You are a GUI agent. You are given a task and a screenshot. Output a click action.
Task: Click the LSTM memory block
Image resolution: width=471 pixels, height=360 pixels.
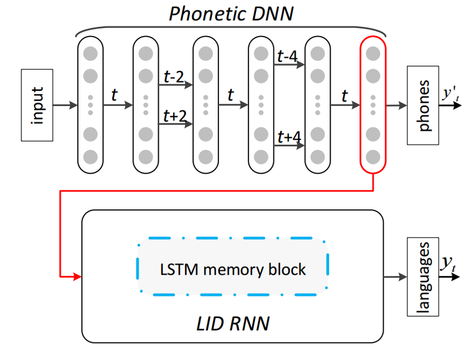click(x=233, y=268)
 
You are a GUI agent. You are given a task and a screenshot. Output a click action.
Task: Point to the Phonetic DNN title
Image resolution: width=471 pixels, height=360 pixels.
click(x=230, y=14)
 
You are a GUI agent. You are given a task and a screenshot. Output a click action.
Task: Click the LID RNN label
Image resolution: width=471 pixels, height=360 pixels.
click(x=233, y=323)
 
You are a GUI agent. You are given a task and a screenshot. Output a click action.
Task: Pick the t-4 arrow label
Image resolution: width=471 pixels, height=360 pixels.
click(x=287, y=56)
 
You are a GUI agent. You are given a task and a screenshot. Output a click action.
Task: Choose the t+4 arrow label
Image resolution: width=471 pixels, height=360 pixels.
click(x=287, y=137)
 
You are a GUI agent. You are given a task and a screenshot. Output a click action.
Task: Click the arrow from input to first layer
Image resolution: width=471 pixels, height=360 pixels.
click(x=65, y=104)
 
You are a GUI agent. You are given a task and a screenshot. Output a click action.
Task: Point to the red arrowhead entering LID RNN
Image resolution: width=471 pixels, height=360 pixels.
click(x=76, y=276)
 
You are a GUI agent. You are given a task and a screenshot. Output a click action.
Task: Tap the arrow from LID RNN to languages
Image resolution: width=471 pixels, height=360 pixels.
click(x=396, y=276)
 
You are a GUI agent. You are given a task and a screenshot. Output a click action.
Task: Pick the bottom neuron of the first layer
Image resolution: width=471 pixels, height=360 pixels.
click(x=91, y=157)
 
